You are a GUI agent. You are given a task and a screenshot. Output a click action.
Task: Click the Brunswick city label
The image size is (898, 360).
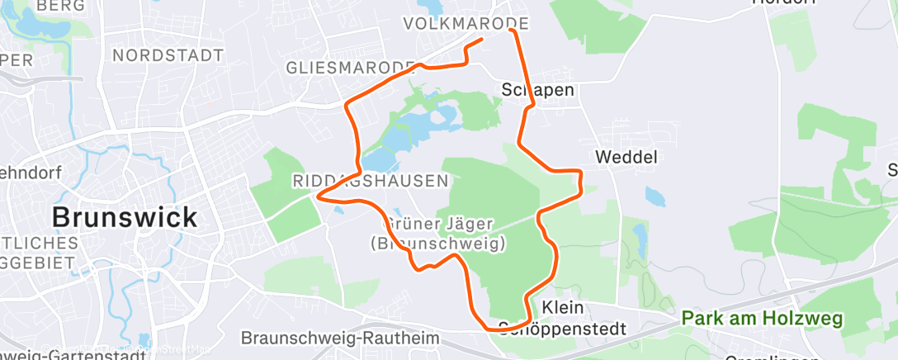click(x=125, y=218)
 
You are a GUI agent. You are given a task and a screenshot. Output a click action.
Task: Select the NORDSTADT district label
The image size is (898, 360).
click(x=168, y=55)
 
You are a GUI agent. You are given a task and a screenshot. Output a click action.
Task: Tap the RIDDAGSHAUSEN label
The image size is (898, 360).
click(x=371, y=180)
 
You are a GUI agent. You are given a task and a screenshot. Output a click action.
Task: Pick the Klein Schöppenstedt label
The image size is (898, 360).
click(x=563, y=318)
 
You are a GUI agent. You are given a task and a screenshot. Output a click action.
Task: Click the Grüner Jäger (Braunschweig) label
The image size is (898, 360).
click(x=437, y=233)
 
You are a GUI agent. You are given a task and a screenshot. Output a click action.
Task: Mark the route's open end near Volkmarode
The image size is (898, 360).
click(x=481, y=38)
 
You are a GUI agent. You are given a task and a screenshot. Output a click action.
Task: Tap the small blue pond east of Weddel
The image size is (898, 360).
click(x=654, y=197)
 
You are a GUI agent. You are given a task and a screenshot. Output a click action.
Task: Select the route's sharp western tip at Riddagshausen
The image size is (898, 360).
click(x=319, y=197)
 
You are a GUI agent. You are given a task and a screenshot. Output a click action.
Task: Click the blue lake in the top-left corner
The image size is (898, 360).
click(x=37, y=22)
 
